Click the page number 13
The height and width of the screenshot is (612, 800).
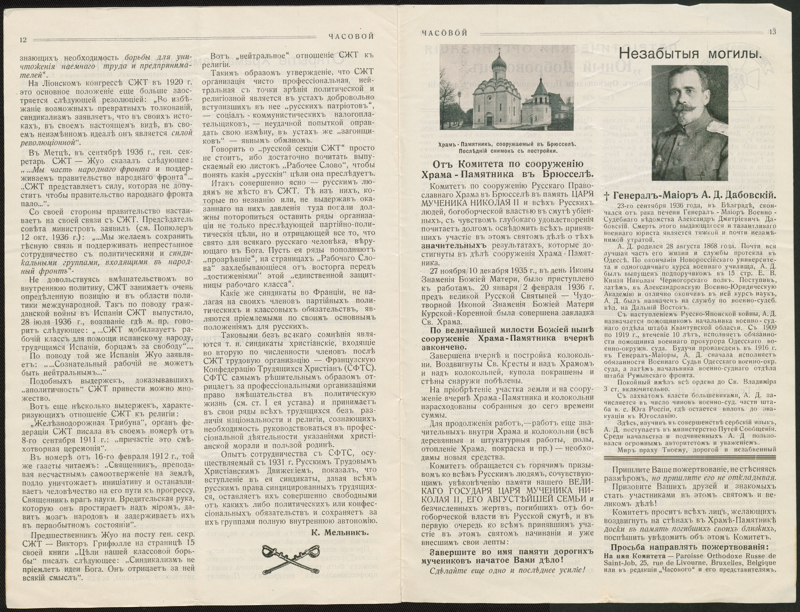[772, 32]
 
